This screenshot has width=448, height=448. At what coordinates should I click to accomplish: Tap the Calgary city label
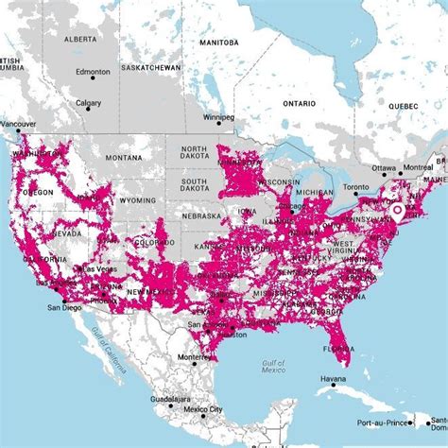click(89, 103)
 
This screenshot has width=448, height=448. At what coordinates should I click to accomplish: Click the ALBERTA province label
click(81, 41)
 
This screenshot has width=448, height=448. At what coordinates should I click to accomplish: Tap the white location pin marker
click(397, 212)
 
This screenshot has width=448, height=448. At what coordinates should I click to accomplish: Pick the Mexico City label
click(202, 409)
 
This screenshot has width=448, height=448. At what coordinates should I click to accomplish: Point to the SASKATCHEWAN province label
click(147, 69)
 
